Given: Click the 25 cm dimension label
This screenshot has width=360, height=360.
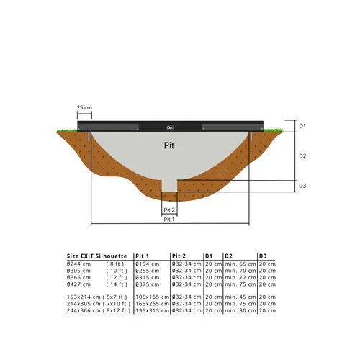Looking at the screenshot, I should click(x=84, y=107).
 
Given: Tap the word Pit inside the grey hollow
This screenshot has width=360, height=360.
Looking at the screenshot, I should click(x=168, y=144).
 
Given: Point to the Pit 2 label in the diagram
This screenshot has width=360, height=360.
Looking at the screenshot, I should click(x=169, y=210).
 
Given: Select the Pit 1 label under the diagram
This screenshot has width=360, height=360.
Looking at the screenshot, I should click(x=169, y=220).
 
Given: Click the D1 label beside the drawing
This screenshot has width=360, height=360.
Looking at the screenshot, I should click(x=302, y=126).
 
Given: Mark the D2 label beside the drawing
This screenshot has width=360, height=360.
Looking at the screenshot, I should click(x=302, y=156).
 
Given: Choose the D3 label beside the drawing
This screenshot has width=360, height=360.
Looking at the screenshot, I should click(x=302, y=186).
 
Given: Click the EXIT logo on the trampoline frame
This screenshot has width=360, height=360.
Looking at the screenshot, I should click(x=170, y=127).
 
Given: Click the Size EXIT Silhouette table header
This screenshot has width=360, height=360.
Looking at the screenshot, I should click(x=96, y=256).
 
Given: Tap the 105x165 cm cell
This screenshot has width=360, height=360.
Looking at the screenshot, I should click(x=152, y=297).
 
